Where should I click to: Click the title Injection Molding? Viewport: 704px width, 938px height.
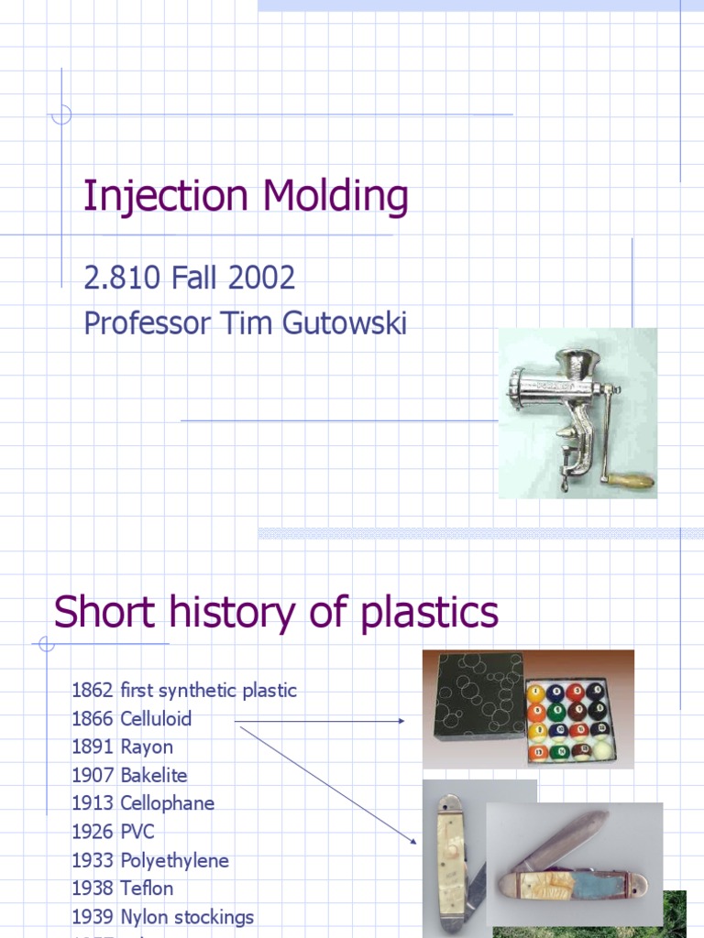(x=246, y=197)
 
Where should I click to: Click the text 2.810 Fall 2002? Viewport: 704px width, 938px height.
(x=189, y=278)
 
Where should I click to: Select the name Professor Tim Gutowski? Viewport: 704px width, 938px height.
(x=245, y=323)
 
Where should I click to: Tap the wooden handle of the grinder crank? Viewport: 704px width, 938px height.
(x=631, y=480)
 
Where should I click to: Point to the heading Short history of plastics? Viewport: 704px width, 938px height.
(x=276, y=612)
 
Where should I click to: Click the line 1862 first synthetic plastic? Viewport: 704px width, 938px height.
(x=184, y=691)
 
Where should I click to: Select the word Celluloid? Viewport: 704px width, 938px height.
(x=156, y=719)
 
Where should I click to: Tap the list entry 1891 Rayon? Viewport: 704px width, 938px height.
(x=122, y=747)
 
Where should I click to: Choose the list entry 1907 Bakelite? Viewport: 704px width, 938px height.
(x=129, y=775)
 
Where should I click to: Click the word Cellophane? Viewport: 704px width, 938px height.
(x=167, y=803)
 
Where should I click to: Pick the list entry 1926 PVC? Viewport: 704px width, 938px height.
(x=113, y=832)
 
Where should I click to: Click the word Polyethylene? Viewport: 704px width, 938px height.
(x=174, y=860)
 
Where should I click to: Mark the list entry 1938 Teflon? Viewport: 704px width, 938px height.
(x=122, y=888)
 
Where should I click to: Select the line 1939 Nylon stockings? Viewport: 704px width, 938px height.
(x=162, y=916)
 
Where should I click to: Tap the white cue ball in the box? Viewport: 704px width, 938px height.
(x=601, y=749)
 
